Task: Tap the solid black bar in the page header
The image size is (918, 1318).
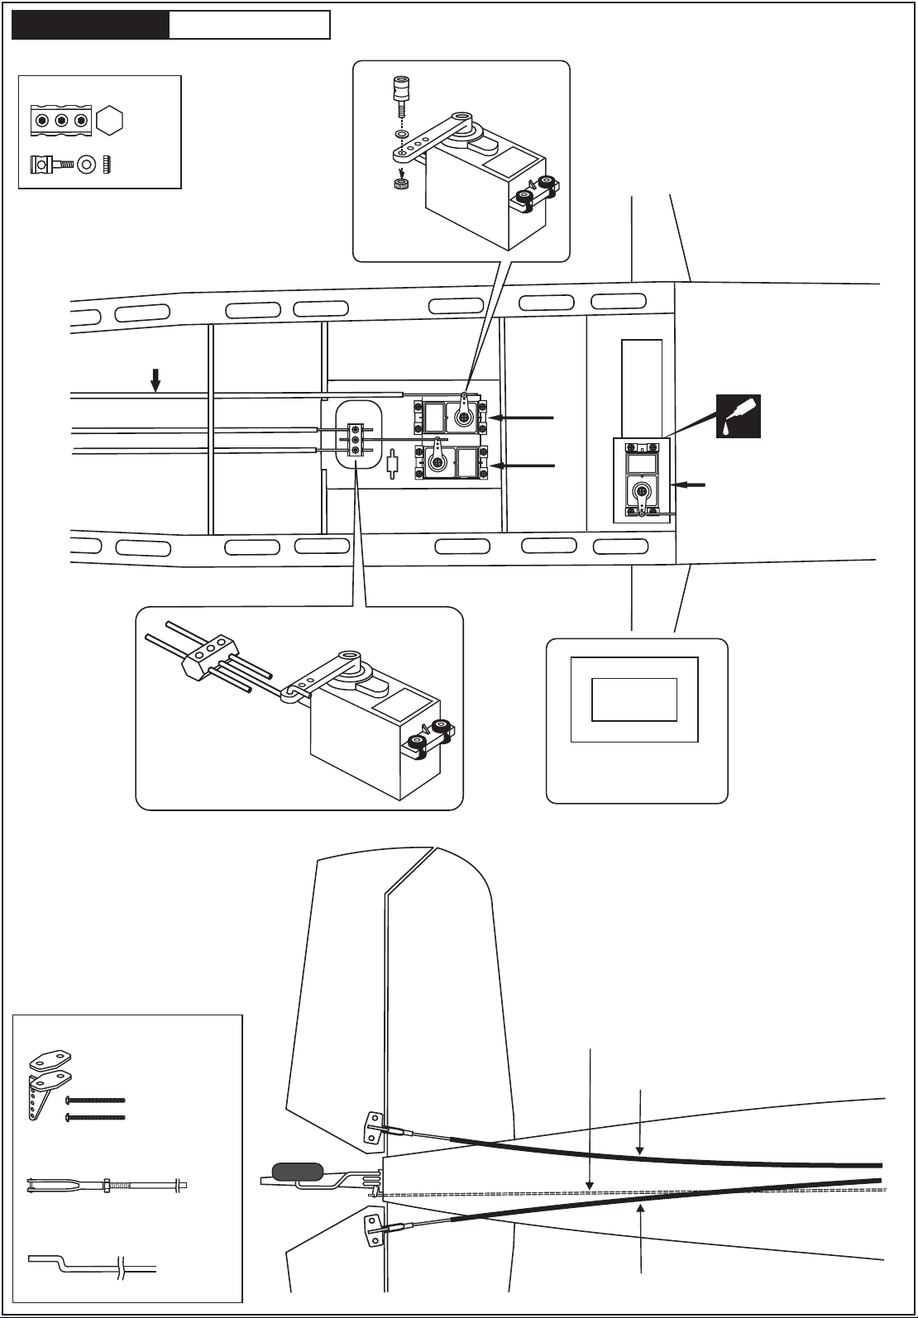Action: pyautogui.click(x=90, y=25)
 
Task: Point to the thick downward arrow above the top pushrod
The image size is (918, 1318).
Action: pyautogui.click(x=155, y=379)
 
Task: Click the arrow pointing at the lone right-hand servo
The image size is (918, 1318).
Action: pyautogui.click(x=691, y=485)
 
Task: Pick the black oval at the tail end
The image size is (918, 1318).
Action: pyautogui.click(x=298, y=1172)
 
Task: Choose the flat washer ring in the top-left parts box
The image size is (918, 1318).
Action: pyautogui.click(x=86, y=166)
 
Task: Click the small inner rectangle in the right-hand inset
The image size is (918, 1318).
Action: pyautogui.click(x=634, y=700)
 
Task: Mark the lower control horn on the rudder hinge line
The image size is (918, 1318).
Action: pyautogui.click(x=374, y=1230)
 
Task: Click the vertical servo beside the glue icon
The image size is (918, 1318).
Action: pyautogui.click(x=642, y=480)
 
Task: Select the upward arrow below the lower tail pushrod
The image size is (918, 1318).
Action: pyautogui.click(x=642, y=1240)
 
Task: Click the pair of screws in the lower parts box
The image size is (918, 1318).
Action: pyautogui.click(x=95, y=1108)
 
